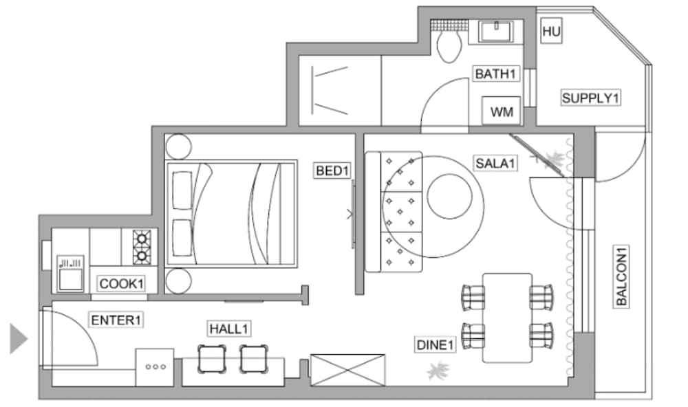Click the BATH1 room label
pyautogui.click(x=495, y=74)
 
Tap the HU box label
pyautogui.click(x=552, y=31)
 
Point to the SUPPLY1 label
pyautogui.click(x=590, y=98)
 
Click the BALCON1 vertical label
pyautogui.click(x=621, y=276)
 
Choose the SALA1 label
pyautogui.click(x=495, y=164)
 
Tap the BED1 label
pyautogui.click(x=332, y=170)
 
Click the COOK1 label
pyautogui.click(x=122, y=284)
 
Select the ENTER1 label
pyautogui.click(x=116, y=320)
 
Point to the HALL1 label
pyautogui.click(x=228, y=329)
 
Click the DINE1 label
pyautogui.click(x=435, y=344)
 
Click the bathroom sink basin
pyautogui.click(x=496, y=31)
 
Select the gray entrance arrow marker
pyautogui.click(x=19, y=338)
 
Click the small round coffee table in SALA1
pyautogui.click(x=449, y=197)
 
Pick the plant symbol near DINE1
pyautogui.click(x=438, y=371)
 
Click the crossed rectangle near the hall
pyautogui.click(x=347, y=370)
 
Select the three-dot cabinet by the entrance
pyautogui.click(x=154, y=367)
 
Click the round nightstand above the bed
pyautogui.click(x=178, y=146)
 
